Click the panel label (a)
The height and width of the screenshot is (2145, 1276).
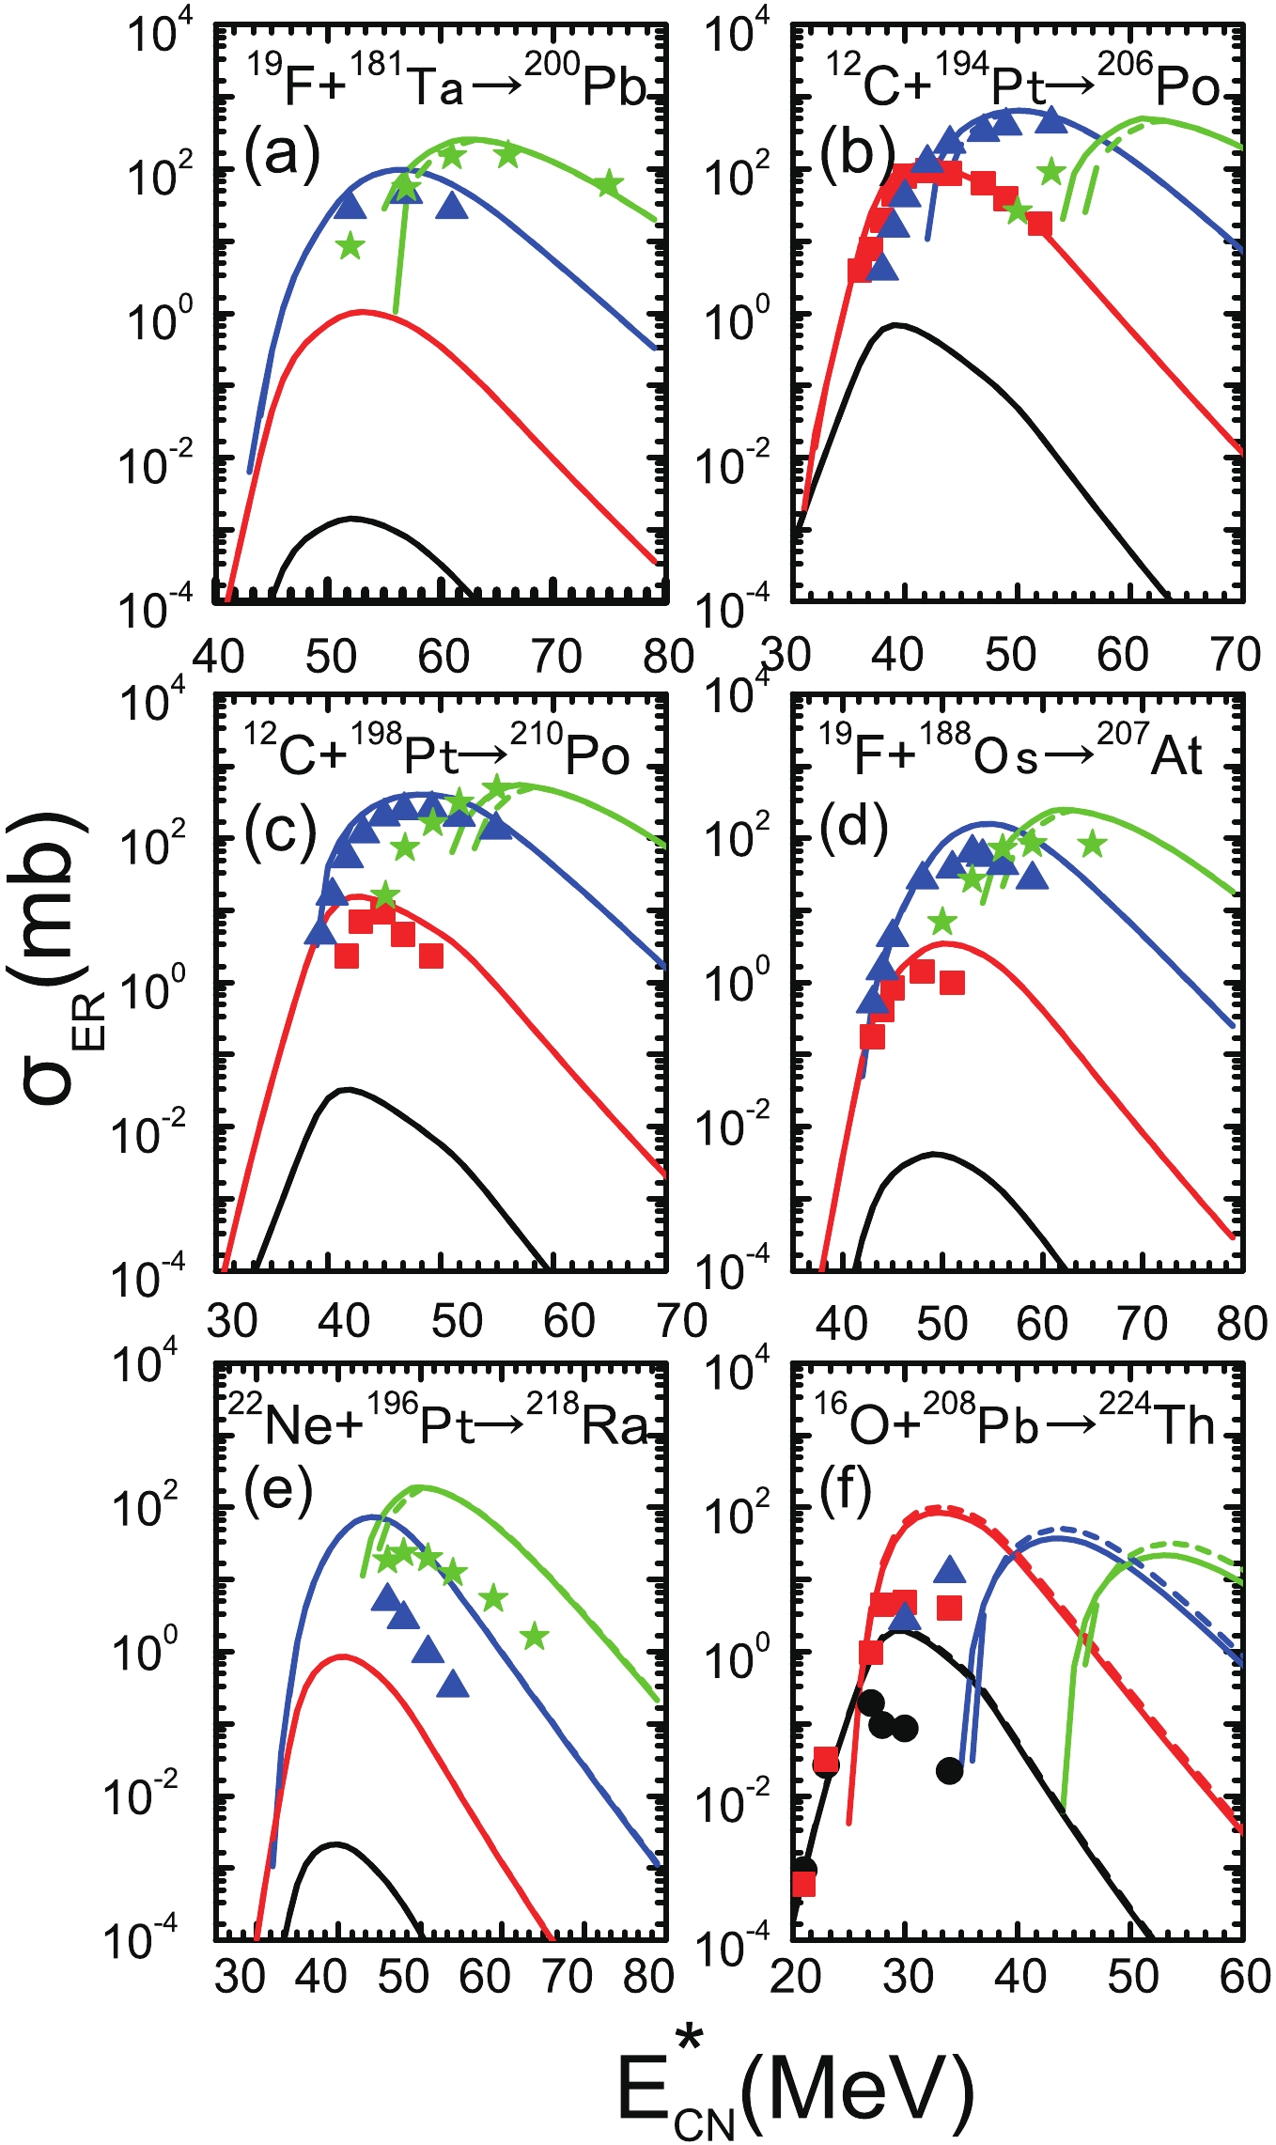282,153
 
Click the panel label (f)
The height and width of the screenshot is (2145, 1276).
845,1490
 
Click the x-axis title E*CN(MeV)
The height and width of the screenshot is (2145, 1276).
795,2091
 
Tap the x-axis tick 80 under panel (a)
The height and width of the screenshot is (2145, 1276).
668,656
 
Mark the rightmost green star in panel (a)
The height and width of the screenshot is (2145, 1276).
608,183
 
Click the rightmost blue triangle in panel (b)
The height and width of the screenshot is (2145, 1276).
1051,120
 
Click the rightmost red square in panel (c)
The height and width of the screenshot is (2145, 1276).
431,956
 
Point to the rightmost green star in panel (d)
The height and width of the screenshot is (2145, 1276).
1091,845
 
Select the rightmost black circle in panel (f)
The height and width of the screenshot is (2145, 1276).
949,1770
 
